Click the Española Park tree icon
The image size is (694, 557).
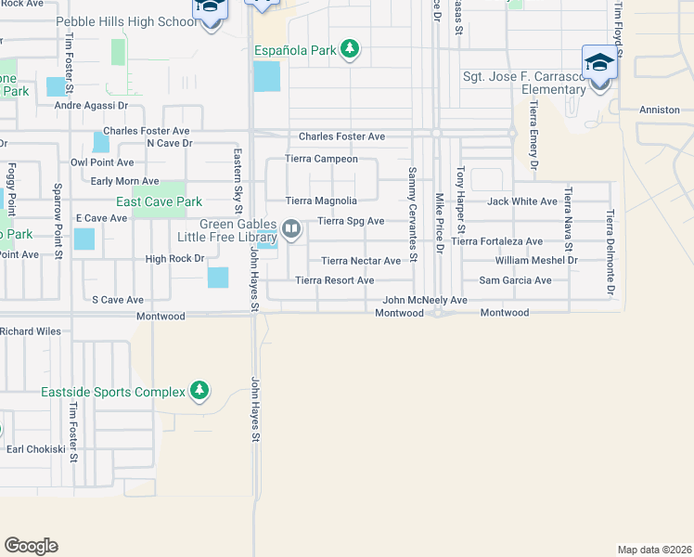click(x=349, y=48)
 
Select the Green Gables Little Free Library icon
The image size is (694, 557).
click(x=291, y=228)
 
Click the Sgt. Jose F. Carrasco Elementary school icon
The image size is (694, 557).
click(x=599, y=63)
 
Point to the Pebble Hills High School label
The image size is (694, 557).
click(x=127, y=21)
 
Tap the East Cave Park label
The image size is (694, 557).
click(x=159, y=201)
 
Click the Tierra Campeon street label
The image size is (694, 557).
click(x=321, y=159)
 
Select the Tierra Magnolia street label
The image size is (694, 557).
click(x=321, y=201)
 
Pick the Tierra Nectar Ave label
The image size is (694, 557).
click(x=361, y=261)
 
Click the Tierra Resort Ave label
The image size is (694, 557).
click(x=335, y=280)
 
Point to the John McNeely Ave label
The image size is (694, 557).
click(x=425, y=301)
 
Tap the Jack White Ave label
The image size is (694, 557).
click(x=522, y=201)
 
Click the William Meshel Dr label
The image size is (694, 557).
click(x=536, y=261)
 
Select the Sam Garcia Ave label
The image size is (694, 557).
click(x=515, y=280)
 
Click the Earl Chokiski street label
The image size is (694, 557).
click(x=36, y=449)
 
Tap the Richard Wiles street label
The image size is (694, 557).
click(x=31, y=331)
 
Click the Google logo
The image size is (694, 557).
click(x=31, y=546)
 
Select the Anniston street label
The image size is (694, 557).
click(x=660, y=110)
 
